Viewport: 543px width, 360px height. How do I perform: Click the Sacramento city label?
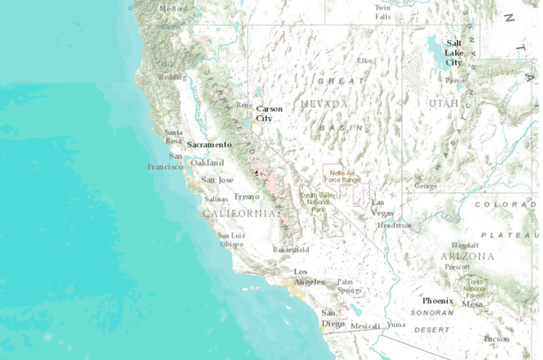tap(209, 144)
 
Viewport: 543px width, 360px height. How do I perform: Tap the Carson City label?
tap(269, 113)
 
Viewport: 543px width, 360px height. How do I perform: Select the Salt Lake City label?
tap(454, 52)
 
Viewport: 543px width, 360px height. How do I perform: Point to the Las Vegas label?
tap(383, 207)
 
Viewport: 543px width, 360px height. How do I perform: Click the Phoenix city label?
tap(437, 300)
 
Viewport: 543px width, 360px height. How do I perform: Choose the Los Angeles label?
tap(310, 276)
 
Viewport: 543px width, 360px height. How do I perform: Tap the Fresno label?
tap(247, 196)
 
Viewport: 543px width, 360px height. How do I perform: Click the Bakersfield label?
tap(291, 249)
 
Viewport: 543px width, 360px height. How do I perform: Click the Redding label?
tap(172, 76)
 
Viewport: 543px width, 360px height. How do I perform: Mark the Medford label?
tap(173, 9)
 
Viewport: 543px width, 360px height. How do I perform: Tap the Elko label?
tap(364, 60)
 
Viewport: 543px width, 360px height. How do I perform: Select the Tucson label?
tap(497, 338)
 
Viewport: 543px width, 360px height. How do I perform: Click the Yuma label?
tap(396, 325)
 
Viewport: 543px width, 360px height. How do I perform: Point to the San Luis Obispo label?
tap(232, 239)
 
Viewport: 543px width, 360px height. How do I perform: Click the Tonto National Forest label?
tap(476, 286)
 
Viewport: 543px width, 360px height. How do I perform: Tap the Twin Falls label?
tap(382, 12)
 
